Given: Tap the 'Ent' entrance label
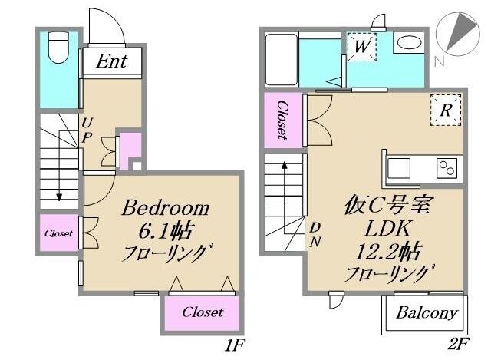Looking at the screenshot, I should (111, 61).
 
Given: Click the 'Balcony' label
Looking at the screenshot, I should (427, 313).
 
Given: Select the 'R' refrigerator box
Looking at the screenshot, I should (445, 109).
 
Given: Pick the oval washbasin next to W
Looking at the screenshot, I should (410, 44).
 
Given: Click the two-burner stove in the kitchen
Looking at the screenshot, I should (447, 167).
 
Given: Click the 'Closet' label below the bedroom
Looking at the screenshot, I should (203, 312).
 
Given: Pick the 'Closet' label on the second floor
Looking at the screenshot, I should (282, 120).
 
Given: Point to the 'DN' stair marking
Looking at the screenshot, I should (315, 233).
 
